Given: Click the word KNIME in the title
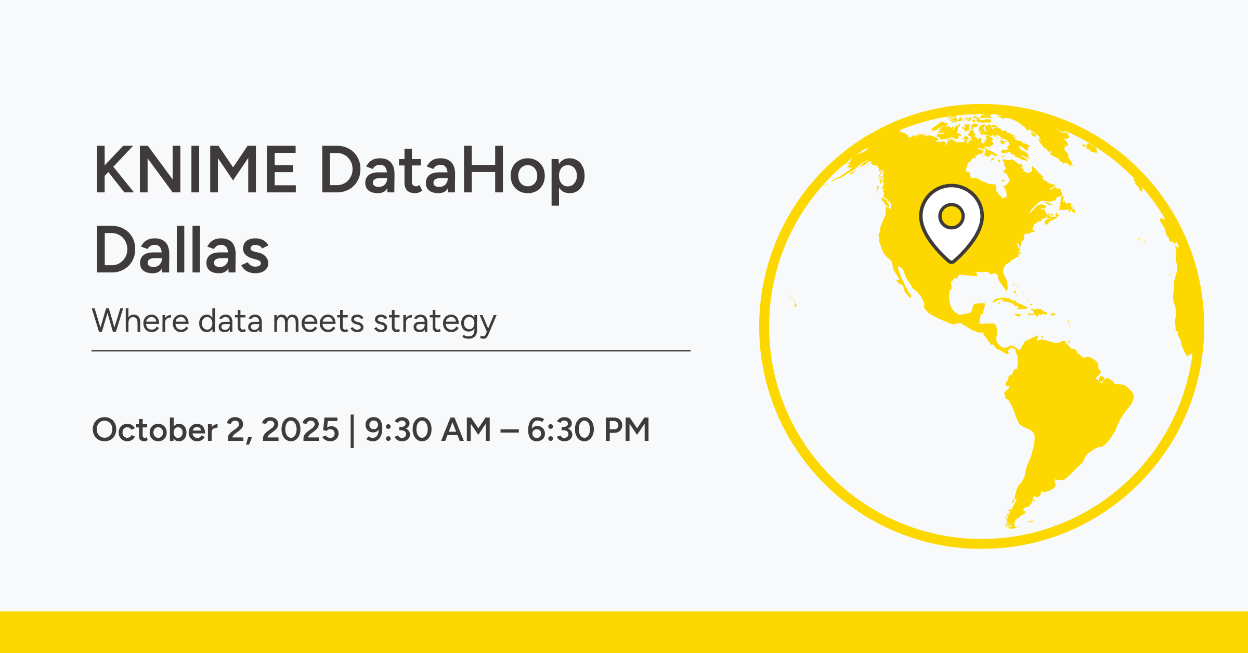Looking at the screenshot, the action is tap(196, 170).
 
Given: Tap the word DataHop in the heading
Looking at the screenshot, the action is tap(453, 174).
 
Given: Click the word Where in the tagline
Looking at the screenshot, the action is tap(140, 321).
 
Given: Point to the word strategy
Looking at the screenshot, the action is tap(435, 322).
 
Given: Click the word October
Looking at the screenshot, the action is tap(155, 430).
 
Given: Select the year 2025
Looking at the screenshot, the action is tap(300, 430).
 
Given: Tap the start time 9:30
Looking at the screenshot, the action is tap(398, 430).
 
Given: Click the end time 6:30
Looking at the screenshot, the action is tap(561, 430).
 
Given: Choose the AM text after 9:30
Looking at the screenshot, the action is tap(466, 430).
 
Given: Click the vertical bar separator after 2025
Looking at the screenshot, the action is tap(352, 430).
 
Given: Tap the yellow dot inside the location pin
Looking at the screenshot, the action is tap(952, 216).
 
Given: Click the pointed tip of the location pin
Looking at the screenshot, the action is tap(952, 262).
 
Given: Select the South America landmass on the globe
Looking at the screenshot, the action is tap(1061, 416).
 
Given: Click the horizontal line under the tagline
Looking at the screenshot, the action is tap(391, 351).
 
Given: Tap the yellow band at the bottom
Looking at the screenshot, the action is tap(624, 632).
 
